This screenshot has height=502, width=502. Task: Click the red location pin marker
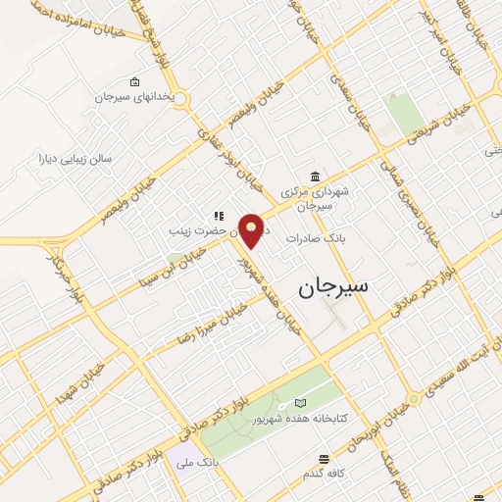254,229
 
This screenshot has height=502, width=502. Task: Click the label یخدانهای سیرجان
133,98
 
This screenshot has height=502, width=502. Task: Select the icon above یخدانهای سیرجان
134,81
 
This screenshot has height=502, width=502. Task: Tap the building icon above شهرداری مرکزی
313,176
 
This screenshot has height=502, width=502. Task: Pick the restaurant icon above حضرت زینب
219,217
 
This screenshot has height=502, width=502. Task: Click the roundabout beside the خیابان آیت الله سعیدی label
415,399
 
